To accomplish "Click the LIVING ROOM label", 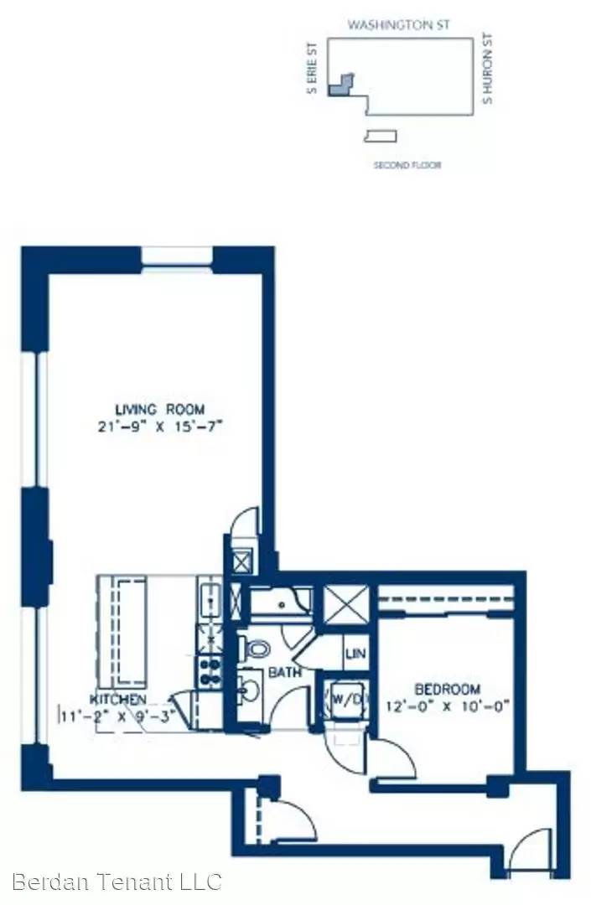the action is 160,410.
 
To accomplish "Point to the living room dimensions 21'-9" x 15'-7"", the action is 160,427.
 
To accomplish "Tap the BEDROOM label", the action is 448,689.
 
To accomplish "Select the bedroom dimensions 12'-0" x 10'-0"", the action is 448,706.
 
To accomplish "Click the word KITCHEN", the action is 117,700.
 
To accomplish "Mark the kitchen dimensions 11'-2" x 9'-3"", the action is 117,716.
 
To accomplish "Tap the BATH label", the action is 285,672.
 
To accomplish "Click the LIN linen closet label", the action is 356,654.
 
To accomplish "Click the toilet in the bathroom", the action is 255,648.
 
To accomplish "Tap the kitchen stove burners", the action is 210,672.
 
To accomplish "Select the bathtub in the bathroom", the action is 281,604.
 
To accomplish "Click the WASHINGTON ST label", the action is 398,25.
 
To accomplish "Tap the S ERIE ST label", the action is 312,68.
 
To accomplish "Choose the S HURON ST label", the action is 488,69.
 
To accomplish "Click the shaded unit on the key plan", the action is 340,85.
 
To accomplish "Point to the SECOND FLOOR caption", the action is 407,165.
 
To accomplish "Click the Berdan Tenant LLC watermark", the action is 117,882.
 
